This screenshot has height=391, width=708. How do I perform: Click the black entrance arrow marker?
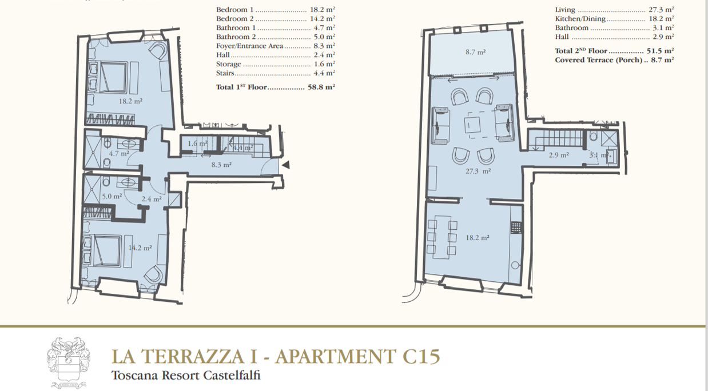(x=286, y=165)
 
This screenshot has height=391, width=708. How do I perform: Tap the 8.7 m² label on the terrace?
(x=475, y=52)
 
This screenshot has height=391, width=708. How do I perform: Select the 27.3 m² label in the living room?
(x=478, y=171)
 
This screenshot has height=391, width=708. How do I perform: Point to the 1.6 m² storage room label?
(x=197, y=143)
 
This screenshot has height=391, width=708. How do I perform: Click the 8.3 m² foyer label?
(x=221, y=165)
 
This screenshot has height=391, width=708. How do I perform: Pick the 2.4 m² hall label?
(x=152, y=199)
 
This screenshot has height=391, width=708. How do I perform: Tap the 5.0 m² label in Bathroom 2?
(x=112, y=196)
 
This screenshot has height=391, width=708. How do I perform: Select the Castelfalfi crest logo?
(x=68, y=362)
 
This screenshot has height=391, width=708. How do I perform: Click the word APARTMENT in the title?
(x=336, y=356)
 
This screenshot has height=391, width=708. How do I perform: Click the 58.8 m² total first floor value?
(x=321, y=87)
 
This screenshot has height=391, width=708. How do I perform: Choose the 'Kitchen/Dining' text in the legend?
(x=580, y=19)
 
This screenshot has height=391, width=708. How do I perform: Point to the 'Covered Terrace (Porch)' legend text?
(x=599, y=60)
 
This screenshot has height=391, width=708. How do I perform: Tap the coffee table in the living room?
(x=472, y=125)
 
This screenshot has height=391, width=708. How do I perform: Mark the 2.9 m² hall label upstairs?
(x=559, y=155)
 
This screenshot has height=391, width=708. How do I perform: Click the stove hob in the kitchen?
(x=516, y=228)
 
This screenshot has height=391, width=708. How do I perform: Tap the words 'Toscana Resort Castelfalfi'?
(x=186, y=376)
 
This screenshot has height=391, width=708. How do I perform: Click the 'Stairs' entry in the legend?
(x=225, y=73)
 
